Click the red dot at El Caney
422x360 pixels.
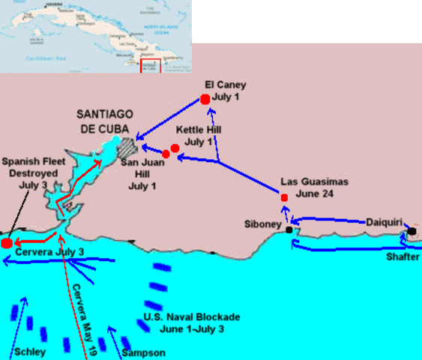pos(205,100)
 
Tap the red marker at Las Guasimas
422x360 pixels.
pos(284,197)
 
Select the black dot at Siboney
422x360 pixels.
pos(289,230)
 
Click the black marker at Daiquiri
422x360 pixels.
pos(412,231)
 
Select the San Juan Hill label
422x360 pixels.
pos(139,175)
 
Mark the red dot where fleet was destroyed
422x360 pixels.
pos(7,243)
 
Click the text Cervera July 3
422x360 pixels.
pos(49,253)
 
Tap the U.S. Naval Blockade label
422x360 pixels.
pos(181,322)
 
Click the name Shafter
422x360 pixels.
pos(403,257)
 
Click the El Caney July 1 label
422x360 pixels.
pos(225,91)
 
